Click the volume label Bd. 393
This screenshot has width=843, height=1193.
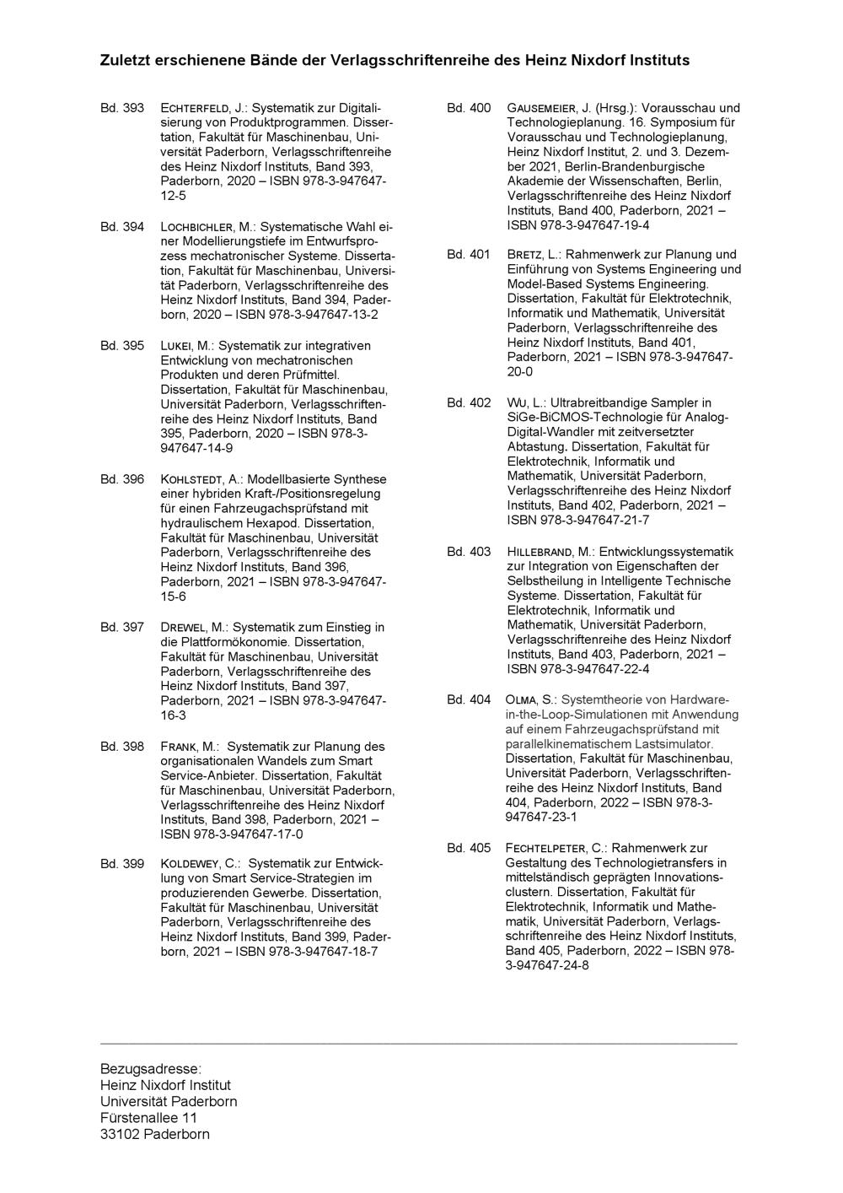(122, 108)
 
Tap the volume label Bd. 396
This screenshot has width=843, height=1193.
(122, 479)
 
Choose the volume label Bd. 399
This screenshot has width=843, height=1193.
(122, 864)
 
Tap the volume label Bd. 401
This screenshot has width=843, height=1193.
(469, 254)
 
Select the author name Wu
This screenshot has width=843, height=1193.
(515, 403)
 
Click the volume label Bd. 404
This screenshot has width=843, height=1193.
(469, 699)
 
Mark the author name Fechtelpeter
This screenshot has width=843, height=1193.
(547, 848)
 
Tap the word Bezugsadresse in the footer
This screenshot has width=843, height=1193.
(150, 1069)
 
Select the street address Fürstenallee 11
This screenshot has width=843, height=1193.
(148, 1118)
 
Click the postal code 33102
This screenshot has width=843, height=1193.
(120, 1134)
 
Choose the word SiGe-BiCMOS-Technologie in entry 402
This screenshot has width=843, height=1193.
(572, 418)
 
